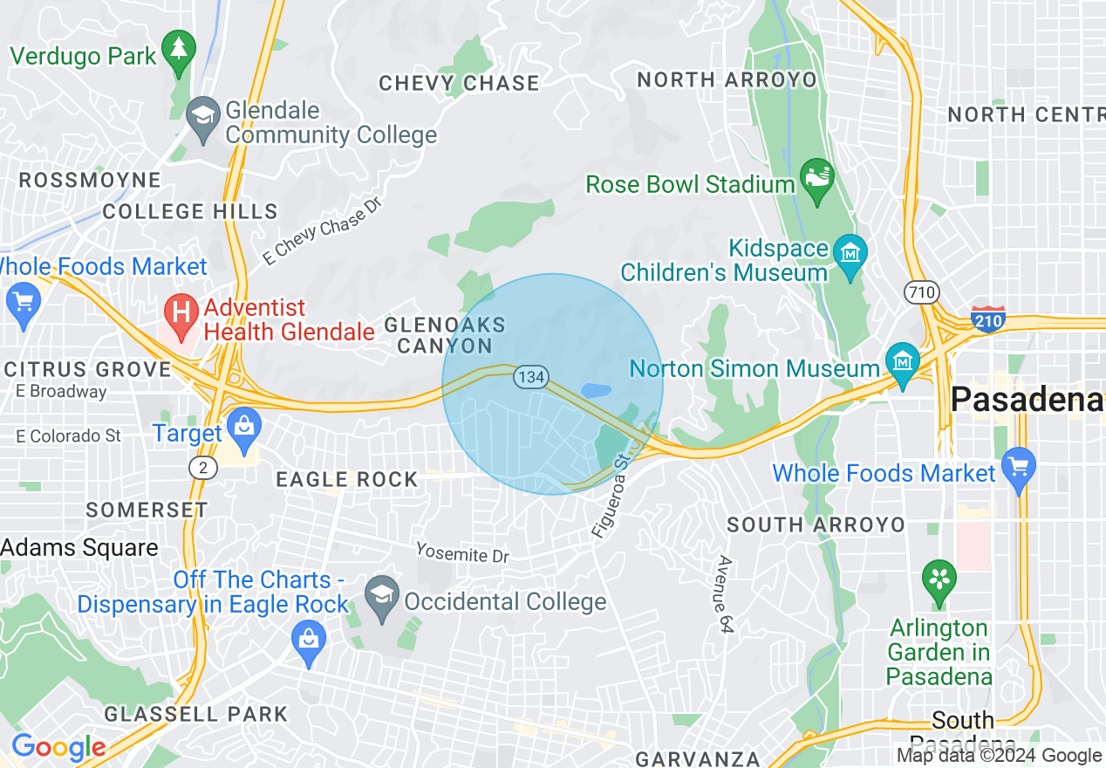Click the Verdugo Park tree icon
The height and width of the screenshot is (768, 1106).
click(x=180, y=50)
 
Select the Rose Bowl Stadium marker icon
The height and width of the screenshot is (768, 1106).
click(x=817, y=179)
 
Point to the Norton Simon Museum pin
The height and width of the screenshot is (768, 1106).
click(x=902, y=362)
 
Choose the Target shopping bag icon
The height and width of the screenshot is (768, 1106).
click(x=243, y=429)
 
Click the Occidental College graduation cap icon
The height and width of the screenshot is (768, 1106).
click(x=382, y=597)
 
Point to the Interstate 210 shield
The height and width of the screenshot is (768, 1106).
click(x=987, y=318)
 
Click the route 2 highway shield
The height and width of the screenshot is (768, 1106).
click(x=203, y=468)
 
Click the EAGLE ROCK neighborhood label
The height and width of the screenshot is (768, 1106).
click(x=347, y=479)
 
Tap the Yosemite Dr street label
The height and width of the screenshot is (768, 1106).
click(x=461, y=552)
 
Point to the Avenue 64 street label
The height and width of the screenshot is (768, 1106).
click(x=723, y=593)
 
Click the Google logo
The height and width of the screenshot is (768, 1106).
click(x=58, y=747)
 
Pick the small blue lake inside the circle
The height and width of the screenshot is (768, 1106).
click(x=596, y=390)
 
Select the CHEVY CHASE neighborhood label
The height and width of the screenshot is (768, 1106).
click(x=459, y=83)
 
